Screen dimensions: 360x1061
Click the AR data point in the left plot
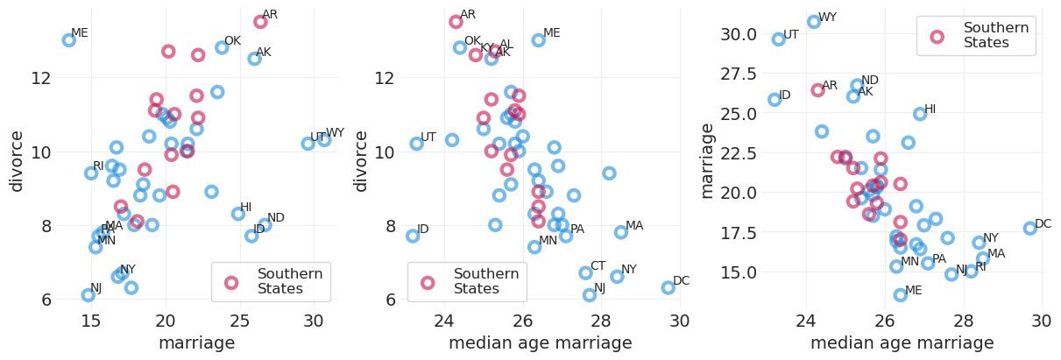[x=260, y=22]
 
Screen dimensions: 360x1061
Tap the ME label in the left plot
[x=80, y=33]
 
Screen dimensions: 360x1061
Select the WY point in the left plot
[x=324, y=140]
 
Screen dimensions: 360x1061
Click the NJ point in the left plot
[x=88, y=295]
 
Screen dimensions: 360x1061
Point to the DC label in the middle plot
[x=681, y=281]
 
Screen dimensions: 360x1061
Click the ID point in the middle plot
[x=413, y=236]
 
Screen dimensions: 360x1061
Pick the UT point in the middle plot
[x=417, y=144]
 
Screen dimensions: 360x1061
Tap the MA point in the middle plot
[x=621, y=232]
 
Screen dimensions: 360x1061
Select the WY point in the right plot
[x=814, y=22]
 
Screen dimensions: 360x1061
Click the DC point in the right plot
[x=1030, y=229]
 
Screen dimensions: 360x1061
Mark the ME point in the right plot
[x=901, y=295]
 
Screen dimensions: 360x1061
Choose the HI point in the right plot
[x=920, y=114]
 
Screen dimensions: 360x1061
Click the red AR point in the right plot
[x=817, y=90]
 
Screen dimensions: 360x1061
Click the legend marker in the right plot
[x=937, y=37]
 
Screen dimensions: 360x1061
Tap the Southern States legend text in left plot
[x=289, y=281]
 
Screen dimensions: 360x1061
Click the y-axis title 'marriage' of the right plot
[x=707, y=160]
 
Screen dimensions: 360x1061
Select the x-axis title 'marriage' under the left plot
[x=196, y=343]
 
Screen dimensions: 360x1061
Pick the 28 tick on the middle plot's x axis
[x=601, y=321]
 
